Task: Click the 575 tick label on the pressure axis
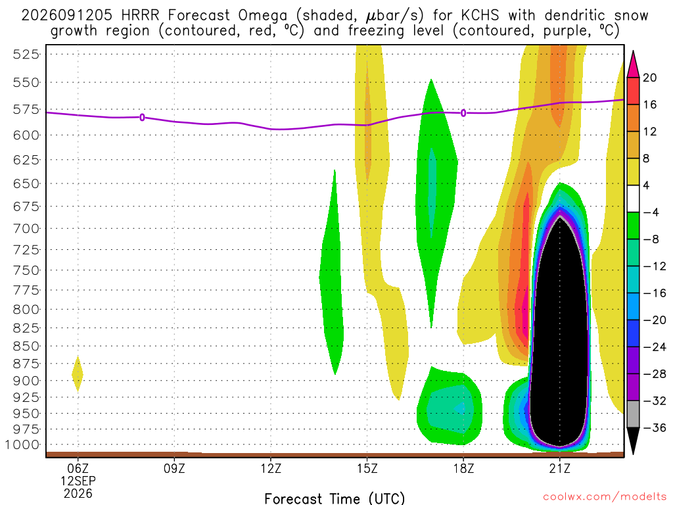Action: (x=26, y=109)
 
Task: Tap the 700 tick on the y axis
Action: (x=26, y=228)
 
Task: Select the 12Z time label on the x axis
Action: (x=271, y=468)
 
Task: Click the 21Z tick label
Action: (x=560, y=468)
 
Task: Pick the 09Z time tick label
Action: (x=174, y=468)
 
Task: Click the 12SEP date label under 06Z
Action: (x=78, y=481)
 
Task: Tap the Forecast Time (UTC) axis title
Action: (x=335, y=498)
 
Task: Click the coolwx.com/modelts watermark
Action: (x=605, y=497)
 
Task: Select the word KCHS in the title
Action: (x=480, y=16)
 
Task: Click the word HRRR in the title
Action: (x=140, y=16)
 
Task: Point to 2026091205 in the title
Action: (x=66, y=16)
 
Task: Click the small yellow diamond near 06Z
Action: (x=78, y=374)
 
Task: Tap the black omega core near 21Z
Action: (x=559, y=335)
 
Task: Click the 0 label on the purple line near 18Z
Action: (x=463, y=113)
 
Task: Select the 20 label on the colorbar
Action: (x=649, y=78)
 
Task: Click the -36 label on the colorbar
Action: (x=654, y=427)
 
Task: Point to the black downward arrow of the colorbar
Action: (x=633, y=440)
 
